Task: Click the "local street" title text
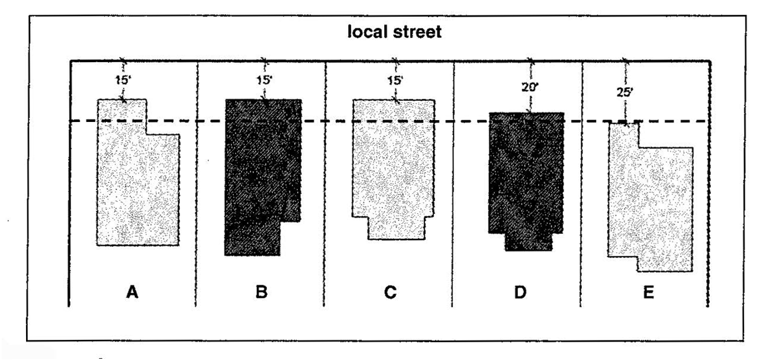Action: tap(384, 33)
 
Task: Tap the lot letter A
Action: tap(132, 292)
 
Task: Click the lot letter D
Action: tap(519, 292)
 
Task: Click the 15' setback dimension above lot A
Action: tap(123, 78)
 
